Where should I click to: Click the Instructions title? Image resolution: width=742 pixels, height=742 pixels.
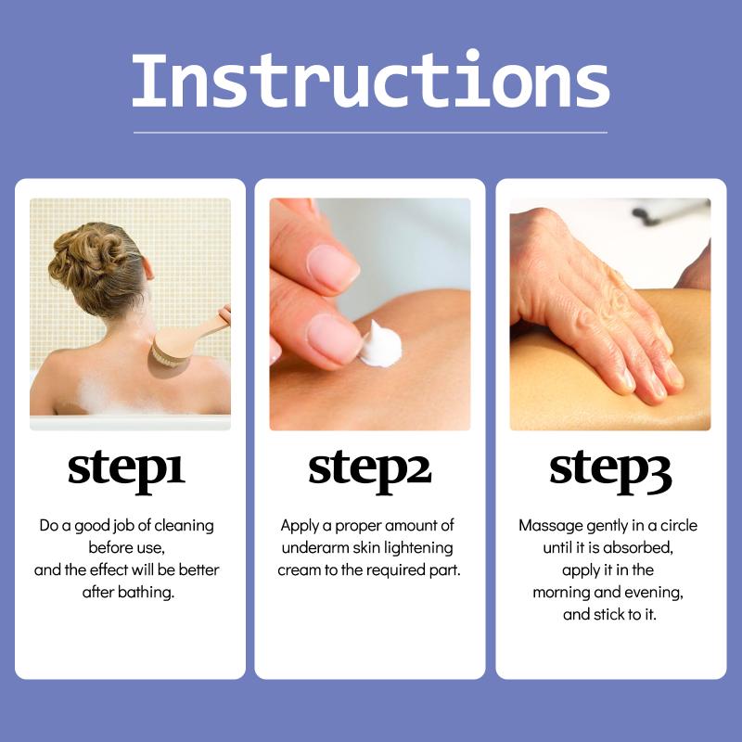pos(370,80)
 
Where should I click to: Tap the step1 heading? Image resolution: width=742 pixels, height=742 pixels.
pos(126,470)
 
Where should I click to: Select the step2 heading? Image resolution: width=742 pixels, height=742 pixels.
pos(369,470)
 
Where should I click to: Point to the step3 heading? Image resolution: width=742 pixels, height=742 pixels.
pos(610,470)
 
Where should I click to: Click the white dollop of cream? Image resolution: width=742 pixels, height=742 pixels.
pos(381,345)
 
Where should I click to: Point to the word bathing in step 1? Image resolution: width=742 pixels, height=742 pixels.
pos(146,592)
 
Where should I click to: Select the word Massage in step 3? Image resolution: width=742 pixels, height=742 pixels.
pos(551,526)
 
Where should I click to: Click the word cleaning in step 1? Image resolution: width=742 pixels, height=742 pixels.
pos(184,526)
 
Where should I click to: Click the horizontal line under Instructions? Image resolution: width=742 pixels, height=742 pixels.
pos(370,133)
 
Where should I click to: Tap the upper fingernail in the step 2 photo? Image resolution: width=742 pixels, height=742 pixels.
pos(333,268)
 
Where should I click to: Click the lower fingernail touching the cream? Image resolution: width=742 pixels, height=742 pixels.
pos(335,339)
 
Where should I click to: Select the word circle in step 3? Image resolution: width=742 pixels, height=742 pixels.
pos(679,526)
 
